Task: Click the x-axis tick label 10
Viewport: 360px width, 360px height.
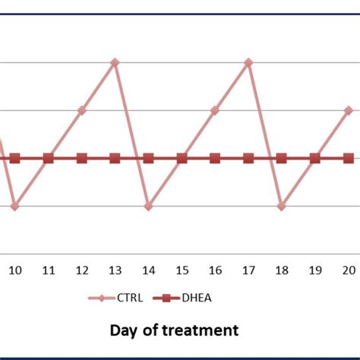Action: (x=14, y=270)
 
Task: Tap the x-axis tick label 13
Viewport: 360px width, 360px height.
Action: (x=115, y=270)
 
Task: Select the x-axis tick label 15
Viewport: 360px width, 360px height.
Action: (x=182, y=270)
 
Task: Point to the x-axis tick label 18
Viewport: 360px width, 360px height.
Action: (x=282, y=270)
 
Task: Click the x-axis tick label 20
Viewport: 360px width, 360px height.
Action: (x=349, y=270)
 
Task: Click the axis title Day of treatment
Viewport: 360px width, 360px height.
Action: (x=174, y=330)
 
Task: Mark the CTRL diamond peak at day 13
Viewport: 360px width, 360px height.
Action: (x=115, y=62)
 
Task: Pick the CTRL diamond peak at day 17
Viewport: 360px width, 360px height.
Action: (x=248, y=62)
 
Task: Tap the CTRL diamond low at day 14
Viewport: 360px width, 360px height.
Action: (x=148, y=206)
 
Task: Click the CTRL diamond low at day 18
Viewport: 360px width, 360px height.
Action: (x=282, y=206)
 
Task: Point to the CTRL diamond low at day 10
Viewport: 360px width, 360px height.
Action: (x=14, y=206)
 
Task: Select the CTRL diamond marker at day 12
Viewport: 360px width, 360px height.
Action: (x=81, y=110)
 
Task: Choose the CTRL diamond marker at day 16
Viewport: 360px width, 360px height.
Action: (x=215, y=110)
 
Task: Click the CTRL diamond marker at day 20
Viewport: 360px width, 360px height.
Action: (x=349, y=110)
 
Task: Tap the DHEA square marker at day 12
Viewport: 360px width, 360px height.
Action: (x=81, y=158)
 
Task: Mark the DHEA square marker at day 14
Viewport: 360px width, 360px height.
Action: (x=148, y=158)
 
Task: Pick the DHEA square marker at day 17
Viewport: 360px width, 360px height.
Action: (x=248, y=158)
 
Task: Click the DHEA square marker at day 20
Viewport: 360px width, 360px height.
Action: (x=349, y=158)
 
